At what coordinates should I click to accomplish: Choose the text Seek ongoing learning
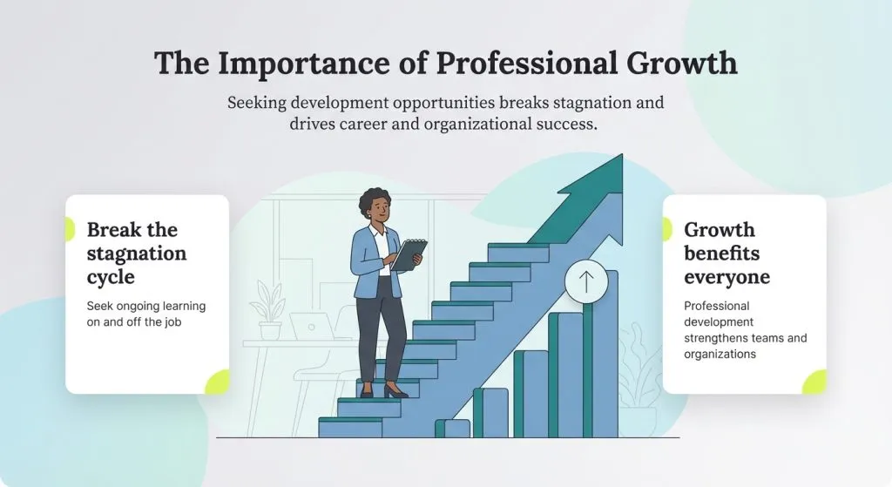(145, 307)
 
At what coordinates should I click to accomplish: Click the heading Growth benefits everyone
(726, 254)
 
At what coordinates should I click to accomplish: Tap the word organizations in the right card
(720, 354)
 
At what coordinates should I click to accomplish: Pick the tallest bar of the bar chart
(601, 357)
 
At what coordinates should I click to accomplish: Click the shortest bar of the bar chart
(452, 428)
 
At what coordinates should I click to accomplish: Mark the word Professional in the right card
(716, 307)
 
